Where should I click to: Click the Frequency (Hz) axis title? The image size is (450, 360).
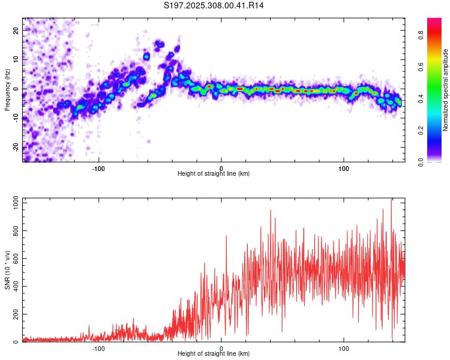(x=8, y=89)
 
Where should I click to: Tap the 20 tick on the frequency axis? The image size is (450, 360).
(x=17, y=30)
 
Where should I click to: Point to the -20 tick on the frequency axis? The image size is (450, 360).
(x=16, y=147)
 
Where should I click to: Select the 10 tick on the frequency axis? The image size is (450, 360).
(x=17, y=59)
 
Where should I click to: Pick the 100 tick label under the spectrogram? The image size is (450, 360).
(x=344, y=167)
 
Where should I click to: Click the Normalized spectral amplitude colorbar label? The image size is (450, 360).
(x=446, y=90)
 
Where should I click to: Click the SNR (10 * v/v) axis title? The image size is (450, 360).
(x=8, y=270)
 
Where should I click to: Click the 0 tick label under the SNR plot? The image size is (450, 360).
(x=221, y=348)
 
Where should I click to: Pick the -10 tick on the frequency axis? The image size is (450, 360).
(x=16, y=118)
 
